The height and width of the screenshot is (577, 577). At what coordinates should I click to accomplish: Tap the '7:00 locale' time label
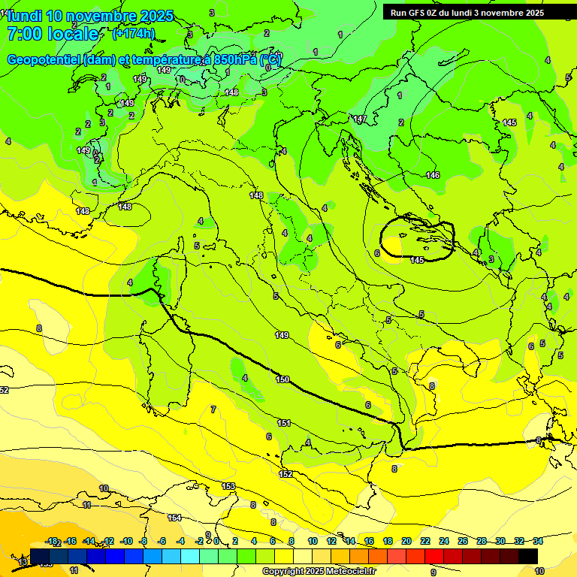pos(53,34)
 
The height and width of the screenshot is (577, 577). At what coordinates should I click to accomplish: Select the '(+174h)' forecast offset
pos(134,34)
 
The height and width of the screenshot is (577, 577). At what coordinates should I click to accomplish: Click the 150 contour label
pos(282,379)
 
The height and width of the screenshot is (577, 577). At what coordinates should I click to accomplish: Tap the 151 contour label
pos(284,423)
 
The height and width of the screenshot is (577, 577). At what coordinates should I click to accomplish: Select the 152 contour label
pos(286,474)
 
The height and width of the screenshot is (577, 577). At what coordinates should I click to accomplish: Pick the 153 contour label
pos(228,487)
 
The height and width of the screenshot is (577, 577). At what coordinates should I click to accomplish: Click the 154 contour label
pos(174,518)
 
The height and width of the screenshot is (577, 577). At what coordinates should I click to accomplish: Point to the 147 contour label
pos(360,119)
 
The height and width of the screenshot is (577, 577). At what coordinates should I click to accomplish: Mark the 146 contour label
pos(433,175)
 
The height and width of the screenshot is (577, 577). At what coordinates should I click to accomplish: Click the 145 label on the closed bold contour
pos(418,260)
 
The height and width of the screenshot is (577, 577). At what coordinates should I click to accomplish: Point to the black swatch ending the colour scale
pos(528,554)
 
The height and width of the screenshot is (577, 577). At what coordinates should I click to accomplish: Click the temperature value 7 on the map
pos(213,409)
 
